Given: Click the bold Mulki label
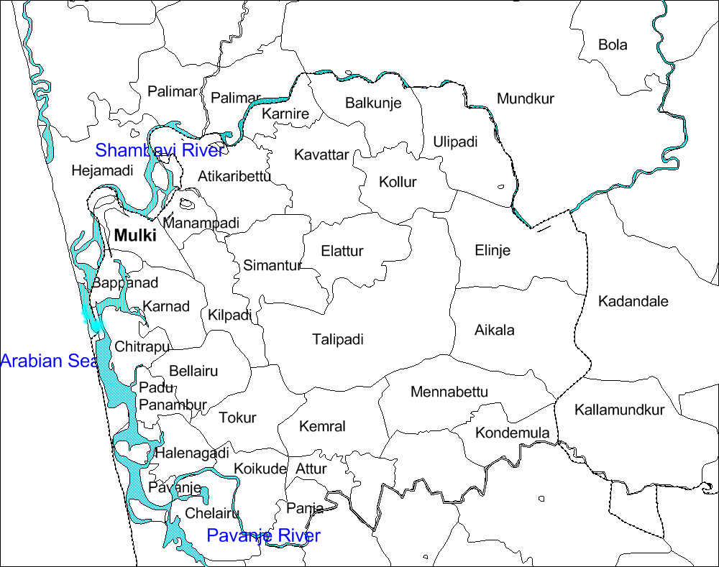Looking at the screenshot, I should pyautogui.click(x=134, y=236).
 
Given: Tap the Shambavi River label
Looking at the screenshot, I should pyautogui.click(x=159, y=150).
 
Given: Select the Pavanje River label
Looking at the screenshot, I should pyautogui.click(x=263, y=536).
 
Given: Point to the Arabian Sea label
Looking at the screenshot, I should pyautogui.click(x=49, y=361).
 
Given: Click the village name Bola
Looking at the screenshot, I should pyautogui.click(x=613, y=45).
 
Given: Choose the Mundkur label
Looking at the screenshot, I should pyautogui.click(x=525, y=99).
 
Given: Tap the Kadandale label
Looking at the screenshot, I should pyautogui.click(x=633, y=301).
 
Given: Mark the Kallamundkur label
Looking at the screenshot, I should pyautogui.click(x=619, y=410).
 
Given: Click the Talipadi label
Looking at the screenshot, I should pyautogui.click(x=337, y=339).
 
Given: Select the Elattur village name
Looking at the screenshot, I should pyautogui.click(x=342, y=252).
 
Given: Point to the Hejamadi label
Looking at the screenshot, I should pyautogui.click(x=102, y=171).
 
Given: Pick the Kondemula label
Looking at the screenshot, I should pyautogui.click(x=512, y=433).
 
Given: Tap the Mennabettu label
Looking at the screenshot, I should pyautogui.click(x=449, y=392).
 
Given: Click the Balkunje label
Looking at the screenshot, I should pyautogui.click(x=372, y=103).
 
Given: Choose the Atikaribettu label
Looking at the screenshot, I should pyautogui.click(x=234, y=176).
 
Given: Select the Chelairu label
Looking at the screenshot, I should pyautogui.click(x=211, y=514).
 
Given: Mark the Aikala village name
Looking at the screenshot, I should pyautogui.click(x=494, y=331).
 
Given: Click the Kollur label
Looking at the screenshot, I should pyautogui.click(x=398, y=182).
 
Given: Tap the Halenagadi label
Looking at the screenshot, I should pyautogui.click(x=191, y=453).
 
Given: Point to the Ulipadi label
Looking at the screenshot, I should pyautogui.click(x=455, y=142).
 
